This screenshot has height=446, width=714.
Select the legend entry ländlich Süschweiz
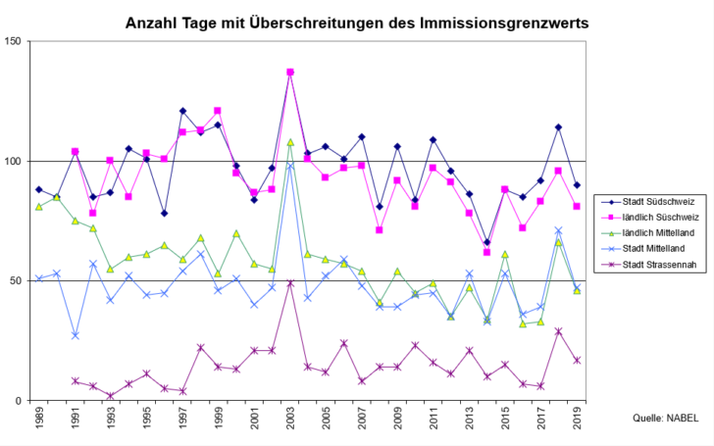[x=661, y=215]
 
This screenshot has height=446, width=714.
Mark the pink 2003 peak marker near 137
[x=290, y=73]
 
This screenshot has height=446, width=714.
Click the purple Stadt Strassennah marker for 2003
[x=290, y=283]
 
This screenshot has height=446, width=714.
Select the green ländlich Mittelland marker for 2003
[x=290, y=142]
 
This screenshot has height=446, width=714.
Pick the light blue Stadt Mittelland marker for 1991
[x=76, y=336]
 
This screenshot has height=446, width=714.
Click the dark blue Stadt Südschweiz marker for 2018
[x=558, y=127]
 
